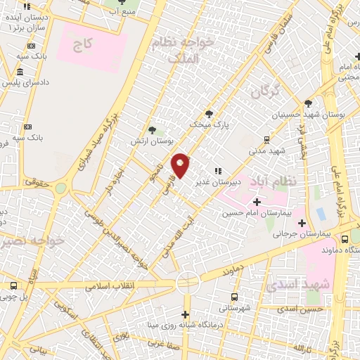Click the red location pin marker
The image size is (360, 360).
[x=181, y=166]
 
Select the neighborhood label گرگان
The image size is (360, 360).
[x=264, y=92]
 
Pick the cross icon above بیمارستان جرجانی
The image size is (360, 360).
[x=302, y=224]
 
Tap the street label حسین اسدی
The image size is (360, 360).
[x=300, y=309]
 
